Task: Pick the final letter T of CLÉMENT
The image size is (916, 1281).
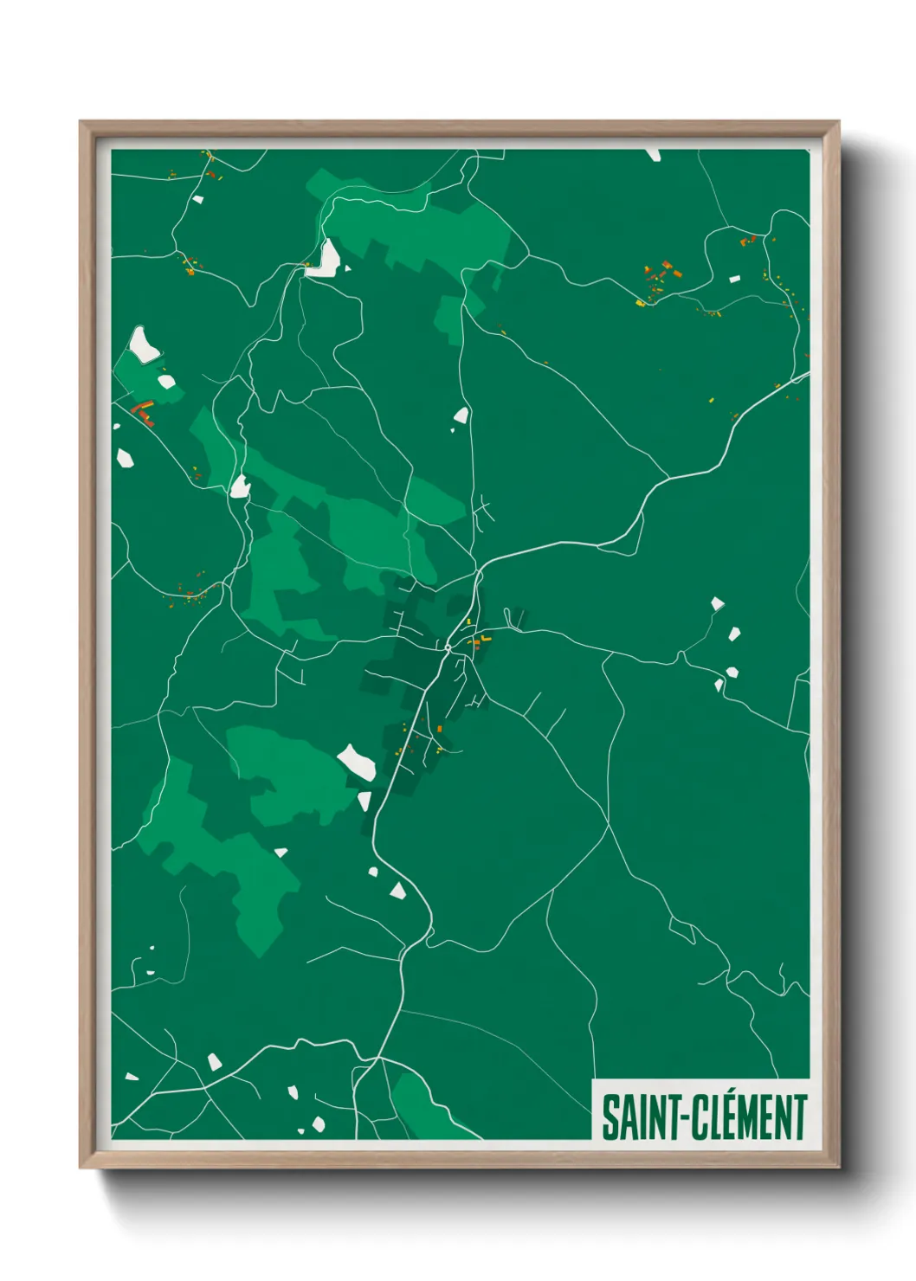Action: (x=800, y=1117)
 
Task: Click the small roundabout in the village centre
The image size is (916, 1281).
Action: (x=448, y=646)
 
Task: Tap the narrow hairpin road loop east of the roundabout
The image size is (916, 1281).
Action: (x=516, y=618)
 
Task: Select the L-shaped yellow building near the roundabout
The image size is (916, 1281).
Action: (x=483, y=639)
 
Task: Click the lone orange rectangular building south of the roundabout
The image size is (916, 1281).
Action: (x=441, y=730)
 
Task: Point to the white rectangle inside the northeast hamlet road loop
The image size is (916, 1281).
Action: (x=735, y=279)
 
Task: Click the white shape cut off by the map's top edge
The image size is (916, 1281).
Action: (x=653, y=154)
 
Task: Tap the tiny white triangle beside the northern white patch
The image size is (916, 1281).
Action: (x=347, y=268)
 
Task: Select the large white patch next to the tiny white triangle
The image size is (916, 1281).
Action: (x=326, y=259)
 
